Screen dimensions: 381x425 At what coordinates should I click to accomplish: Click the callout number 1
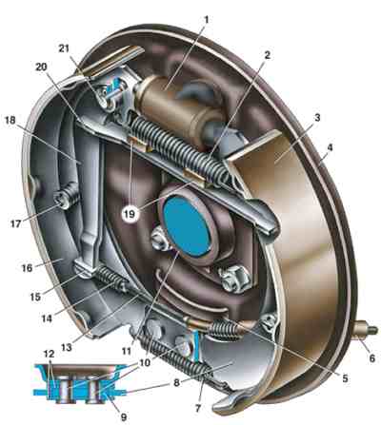coord(207,21)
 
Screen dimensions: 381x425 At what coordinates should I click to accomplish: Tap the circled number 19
coord(130,214)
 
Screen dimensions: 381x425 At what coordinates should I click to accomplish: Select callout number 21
coord(64,48)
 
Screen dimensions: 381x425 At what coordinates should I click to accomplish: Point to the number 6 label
coord(372,358)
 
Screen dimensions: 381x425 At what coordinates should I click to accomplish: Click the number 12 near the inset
coord(50,354)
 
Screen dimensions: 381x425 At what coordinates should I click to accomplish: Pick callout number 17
coord(16,223)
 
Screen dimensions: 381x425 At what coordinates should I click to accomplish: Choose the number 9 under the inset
coord(124,417)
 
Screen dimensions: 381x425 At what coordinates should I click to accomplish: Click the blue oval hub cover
coord(188,225)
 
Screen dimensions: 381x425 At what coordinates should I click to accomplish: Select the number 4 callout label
coord(331,148)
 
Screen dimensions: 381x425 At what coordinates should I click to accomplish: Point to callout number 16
coord(27,268)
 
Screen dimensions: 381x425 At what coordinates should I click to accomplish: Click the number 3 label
coord(316,118)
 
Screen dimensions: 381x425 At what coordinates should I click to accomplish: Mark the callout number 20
coord(41,68)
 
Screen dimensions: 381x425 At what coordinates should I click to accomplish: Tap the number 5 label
coord(344,378)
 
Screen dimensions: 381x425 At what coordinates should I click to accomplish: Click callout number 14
coord(46,319)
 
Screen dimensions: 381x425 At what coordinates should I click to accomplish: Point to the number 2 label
coord(267,55)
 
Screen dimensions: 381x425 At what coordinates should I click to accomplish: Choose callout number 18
coord(11,121)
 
